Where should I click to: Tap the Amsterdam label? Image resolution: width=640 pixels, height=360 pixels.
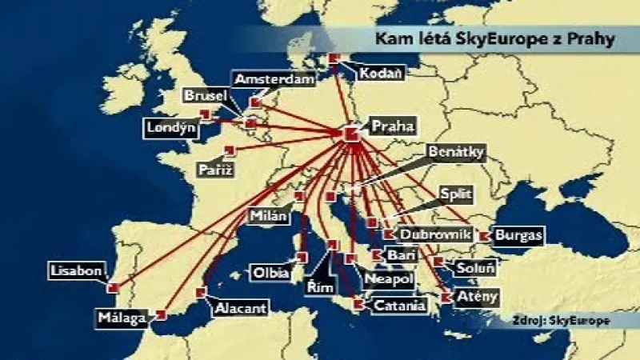pyautogui.click(x=273, y=80)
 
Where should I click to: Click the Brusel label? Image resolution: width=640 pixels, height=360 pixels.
pyautogui.click(x=206, y=96)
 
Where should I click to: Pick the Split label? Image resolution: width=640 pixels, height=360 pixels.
pyautogui.click(x=456, y=194)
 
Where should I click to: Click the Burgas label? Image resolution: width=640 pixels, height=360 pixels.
pyautogui.click(x=518, y=236)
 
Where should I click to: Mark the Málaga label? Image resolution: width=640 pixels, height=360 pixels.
pyautogui.click(x=122, y=318)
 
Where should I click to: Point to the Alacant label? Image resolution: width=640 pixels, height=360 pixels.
pyautogui.click(x=239, y=307)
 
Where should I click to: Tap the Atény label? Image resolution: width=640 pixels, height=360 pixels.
pyautogui.click(x=478, y=297)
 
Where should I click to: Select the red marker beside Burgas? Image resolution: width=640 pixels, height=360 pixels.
pyautogui.click(x=484, y=236)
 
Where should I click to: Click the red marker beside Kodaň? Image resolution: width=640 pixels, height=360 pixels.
pyautogui.click(x=334, y=58)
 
